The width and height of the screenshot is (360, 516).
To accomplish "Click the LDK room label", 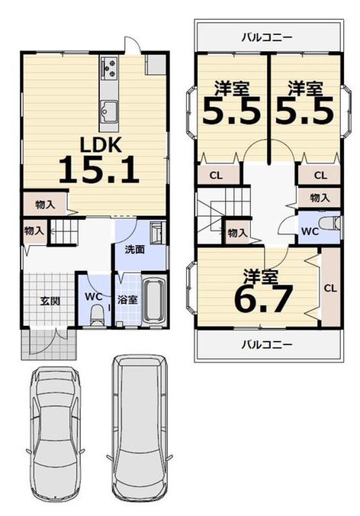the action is (101, 144).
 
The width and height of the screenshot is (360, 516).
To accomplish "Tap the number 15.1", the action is (98, 169).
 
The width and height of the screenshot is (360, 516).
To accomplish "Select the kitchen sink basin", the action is (109, 111).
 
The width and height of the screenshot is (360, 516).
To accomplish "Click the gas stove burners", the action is (109, 67).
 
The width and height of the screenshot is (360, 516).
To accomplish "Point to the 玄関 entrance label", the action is (50, 301).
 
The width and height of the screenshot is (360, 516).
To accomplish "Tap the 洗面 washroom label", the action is (135, 250).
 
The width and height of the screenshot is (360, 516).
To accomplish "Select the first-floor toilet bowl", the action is (97, 315).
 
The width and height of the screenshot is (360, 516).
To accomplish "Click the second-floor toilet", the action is (329, 223).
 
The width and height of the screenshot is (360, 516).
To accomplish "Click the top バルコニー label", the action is (267, 37).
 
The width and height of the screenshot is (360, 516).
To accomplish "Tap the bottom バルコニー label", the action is (267, 345).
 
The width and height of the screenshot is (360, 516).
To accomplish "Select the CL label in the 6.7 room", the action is (330, 289).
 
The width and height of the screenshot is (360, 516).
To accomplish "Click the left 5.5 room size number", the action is (231, 111).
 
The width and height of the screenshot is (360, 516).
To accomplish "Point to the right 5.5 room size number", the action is (304, 111).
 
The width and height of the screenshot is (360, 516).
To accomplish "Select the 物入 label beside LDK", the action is (45, 205).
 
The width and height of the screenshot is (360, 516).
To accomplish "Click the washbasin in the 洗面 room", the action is (157, 233).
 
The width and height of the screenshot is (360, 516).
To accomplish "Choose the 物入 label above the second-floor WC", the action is (320, 198).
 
